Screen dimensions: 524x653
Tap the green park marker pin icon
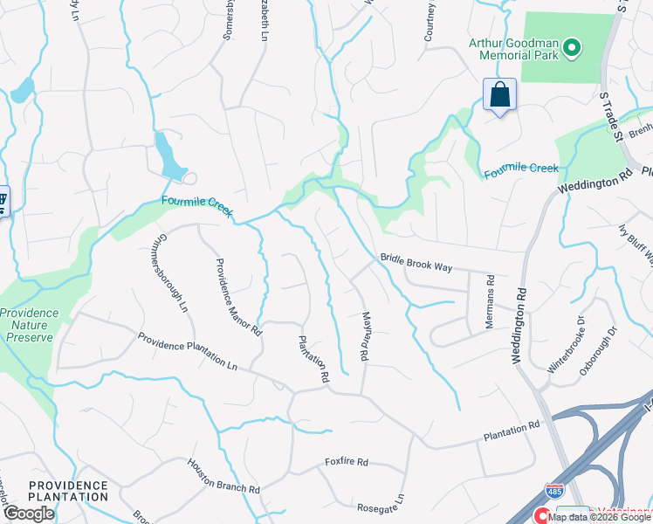click(573, 47)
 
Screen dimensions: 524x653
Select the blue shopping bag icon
click(499, 94)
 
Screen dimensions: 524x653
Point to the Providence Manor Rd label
click(238, 297)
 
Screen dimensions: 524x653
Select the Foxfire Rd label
click(347, 461)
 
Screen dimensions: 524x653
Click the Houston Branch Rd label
click(223, 478)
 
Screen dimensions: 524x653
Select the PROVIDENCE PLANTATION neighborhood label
click(68, 491)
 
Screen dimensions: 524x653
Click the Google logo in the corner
click(30, 514)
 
